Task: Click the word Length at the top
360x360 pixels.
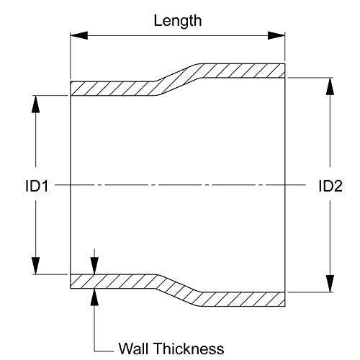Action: tap(178, 22)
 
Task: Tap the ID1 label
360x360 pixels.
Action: tap(37, 186)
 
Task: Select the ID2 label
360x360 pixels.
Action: tap(330, 186)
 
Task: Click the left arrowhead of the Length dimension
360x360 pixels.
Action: tap(79, 35)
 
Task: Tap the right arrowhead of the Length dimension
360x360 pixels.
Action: tap(276, 35)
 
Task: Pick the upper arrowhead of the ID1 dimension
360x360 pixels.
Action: tap(35, 104)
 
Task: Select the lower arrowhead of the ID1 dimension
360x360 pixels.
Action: tap(35, 266)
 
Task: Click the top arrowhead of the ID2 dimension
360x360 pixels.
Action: tap(330, 86)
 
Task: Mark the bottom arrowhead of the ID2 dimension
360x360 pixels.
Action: tap(330, 284)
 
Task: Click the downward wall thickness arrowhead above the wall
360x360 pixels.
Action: tap(94, 266)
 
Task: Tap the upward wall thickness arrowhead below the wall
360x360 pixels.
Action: tap(94, 297)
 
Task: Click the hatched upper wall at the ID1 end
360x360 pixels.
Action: tap(113, 89)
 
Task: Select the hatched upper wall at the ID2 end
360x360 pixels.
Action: tap(243, 71)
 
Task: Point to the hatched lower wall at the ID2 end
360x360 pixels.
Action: tap(243, 300)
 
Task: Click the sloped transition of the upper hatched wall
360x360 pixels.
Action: tap(178, 79)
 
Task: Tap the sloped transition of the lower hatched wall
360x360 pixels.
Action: tap(178, 290)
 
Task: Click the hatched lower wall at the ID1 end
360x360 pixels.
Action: tap(113, 282)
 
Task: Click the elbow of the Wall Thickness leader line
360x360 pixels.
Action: tap(94, 351)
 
